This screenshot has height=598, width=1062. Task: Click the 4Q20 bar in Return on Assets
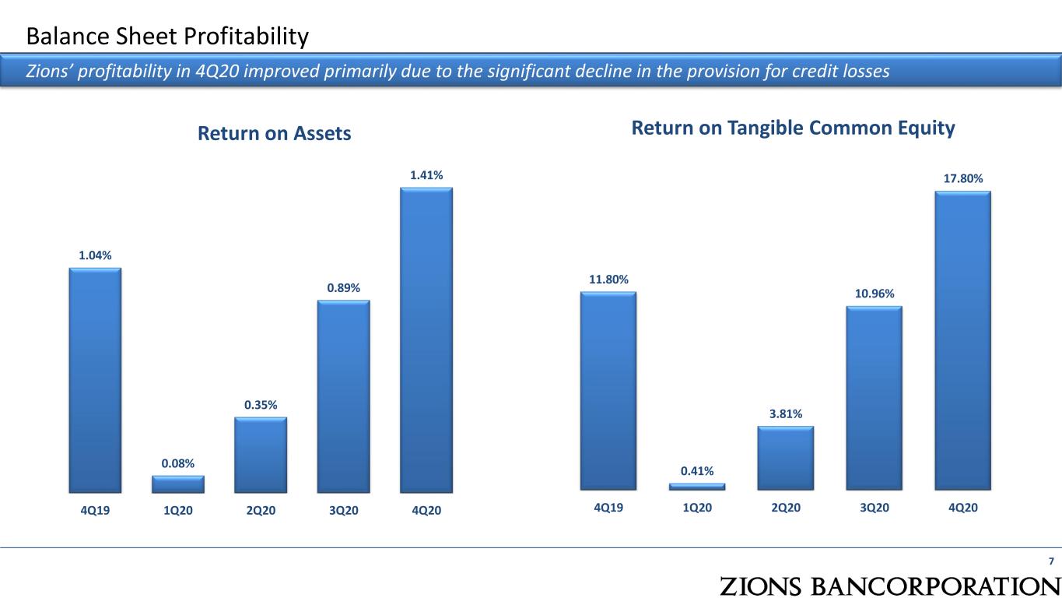pos(426,339)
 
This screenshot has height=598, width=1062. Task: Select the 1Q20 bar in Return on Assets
pos(178,484)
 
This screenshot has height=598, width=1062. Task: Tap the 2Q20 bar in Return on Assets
pos(261,455)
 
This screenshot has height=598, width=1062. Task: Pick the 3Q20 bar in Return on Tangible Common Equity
pos(874,398)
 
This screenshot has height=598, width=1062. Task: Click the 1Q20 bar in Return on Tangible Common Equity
pos(697,487)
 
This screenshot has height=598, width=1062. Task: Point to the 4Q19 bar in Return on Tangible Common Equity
pos(608,391)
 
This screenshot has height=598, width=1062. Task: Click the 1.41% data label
pos(426,175)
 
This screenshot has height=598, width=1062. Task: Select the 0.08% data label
pos(178,463)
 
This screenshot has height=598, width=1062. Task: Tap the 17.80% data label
pos(963,178)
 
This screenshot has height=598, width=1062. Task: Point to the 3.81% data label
pos(786,414)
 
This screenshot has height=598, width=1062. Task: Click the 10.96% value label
pos(874,294)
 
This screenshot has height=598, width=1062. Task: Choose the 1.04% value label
pos(95,255)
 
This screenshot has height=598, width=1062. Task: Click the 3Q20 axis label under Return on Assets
pos(344,510)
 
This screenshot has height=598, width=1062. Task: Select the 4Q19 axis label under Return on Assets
pos(95,510)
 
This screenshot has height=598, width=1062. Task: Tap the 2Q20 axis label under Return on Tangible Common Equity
pos(786,508)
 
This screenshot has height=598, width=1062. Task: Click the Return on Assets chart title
pos(274,133)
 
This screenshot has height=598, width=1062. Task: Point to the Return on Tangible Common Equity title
pos(793,128)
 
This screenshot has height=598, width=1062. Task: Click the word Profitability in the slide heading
pos(246,37)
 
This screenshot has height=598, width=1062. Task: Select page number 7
pos(1051,561)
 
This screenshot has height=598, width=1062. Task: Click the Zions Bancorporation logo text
pos(890,586)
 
